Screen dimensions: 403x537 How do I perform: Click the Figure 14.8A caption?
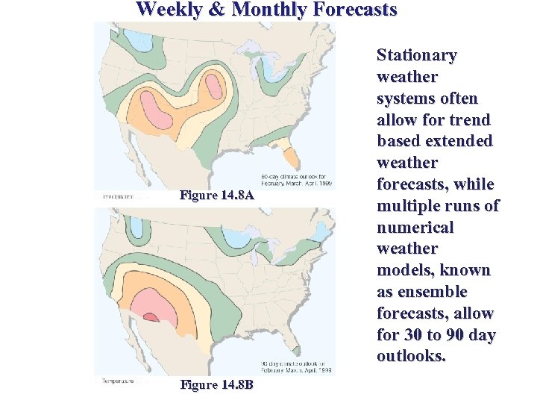coord(217,196)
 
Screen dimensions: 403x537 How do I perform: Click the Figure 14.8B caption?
coord(217,384)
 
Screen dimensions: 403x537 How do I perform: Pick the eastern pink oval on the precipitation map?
coord(216,85)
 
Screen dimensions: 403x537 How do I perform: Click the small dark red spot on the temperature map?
coord(151,317)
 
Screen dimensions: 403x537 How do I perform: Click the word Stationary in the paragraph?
coord(416,55)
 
